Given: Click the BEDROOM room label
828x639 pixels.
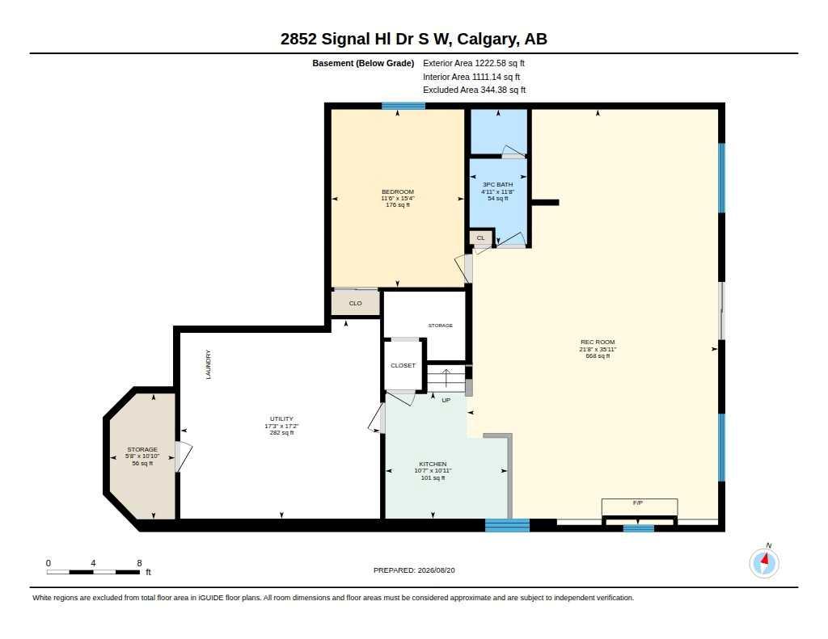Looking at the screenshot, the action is pyautogui.click(x=398, y=191).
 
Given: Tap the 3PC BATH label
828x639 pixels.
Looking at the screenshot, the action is pyautogui.click(x=497, y=185).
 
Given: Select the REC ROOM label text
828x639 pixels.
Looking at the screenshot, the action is pyautogui.click(x=598, y=342).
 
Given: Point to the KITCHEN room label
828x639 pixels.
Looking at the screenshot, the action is pyautogui.click(x=433, y=464).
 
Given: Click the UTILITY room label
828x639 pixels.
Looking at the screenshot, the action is pyautogui.click(x=281, y=419).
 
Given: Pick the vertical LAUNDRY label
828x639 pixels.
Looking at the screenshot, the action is pyautogui.click(x=208, y=364).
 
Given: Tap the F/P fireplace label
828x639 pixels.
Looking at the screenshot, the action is pyautogui.click(x=638, y=502).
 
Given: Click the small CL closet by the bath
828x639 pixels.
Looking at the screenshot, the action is pyautogui.click(x=480, y=238).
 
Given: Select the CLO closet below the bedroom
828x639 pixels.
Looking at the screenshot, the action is pyautogui.click(x=356, y=303).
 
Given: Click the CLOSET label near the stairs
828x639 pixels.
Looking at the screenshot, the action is pyautogui.click(x=403, y=365).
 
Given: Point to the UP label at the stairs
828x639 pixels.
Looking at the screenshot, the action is pyautogui.click(x=446, y=400).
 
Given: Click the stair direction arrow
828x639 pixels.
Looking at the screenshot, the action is pyautogui.click(x=446, y=379).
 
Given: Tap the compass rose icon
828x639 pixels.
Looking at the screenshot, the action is pyautogui.click(x=764, y=562).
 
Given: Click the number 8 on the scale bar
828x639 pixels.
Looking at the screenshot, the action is pyautogui.click(x=139, y=563).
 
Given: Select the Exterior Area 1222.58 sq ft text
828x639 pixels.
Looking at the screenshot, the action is pyautogui.click(x=474, y=63).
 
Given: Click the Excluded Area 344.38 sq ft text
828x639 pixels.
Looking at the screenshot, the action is pyautogui.click(x=474, y=90).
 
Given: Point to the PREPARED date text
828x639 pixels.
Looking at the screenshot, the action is pyautogui.click(x=414, y=570).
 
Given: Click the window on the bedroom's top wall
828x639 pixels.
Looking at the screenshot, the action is pyautogui.click(x=403, y=106).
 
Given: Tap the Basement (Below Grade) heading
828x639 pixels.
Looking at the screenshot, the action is pyautogui.click(x=363, y=63).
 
